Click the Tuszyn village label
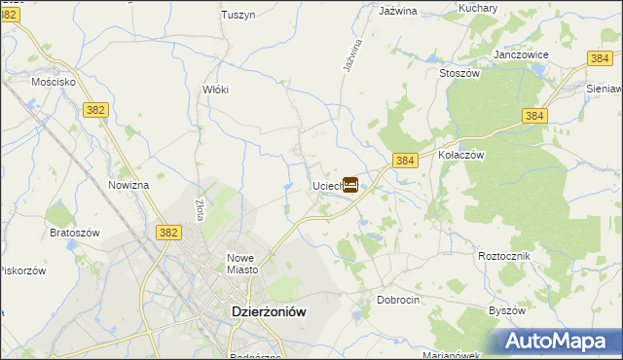click(x=238, y=15)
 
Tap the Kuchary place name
click(x=478, y=8)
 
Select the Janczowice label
click(x=522, y=54)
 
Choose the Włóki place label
click(x=215, y=89)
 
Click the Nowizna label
click(x=128, y=185)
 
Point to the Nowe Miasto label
click(x=239, y=264)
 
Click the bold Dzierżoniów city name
click(x=269, y=311)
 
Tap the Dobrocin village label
click(x=398, y=300)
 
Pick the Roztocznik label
click(x=502, y=254)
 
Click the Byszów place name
click(x=506, y=310)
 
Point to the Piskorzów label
click(x=22, y=270)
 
